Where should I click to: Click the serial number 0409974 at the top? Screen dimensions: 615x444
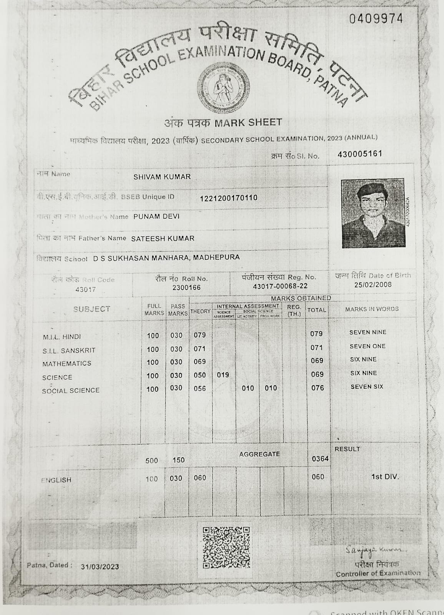click(376, 18)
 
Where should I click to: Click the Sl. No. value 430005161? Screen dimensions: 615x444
click(360, 154)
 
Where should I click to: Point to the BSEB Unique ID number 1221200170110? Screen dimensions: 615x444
click(229, 198)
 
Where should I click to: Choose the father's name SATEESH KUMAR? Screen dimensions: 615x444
click(163, 238)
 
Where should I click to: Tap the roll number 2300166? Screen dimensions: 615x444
click(186, 288)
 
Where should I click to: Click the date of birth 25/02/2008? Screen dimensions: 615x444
click(373, 284)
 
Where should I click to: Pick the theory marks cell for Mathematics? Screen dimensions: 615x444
click(200, 362)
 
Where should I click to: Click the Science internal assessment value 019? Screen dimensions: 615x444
click(223, 375)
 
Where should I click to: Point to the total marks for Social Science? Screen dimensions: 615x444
click(317, 388)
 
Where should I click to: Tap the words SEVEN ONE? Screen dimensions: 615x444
click(367, 346)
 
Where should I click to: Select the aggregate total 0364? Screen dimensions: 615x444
click(320, 459)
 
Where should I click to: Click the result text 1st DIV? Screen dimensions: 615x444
click(385, 477)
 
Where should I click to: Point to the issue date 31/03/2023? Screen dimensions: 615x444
click(100, 567)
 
